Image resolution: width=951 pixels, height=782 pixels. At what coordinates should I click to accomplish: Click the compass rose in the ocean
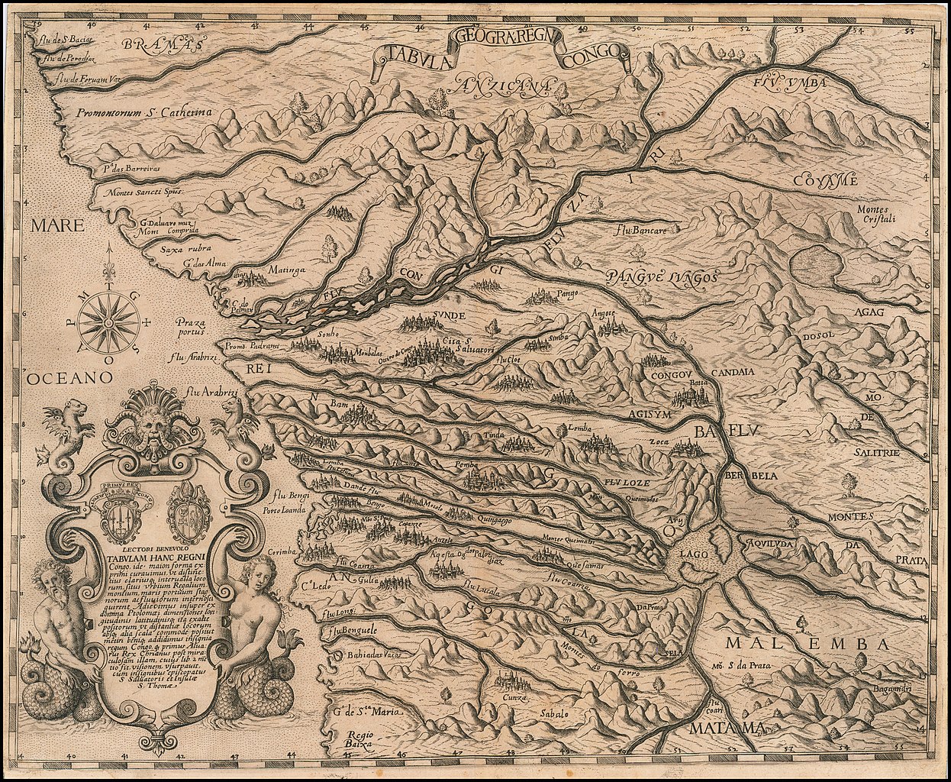click(x=109, y=322)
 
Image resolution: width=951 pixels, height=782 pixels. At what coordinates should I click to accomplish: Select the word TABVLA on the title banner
click(x=416, y=53)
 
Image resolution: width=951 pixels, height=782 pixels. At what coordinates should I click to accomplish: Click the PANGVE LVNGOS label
click(x=662, y=278)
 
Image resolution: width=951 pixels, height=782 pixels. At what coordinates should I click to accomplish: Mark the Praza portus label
click(x=189, y=327)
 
